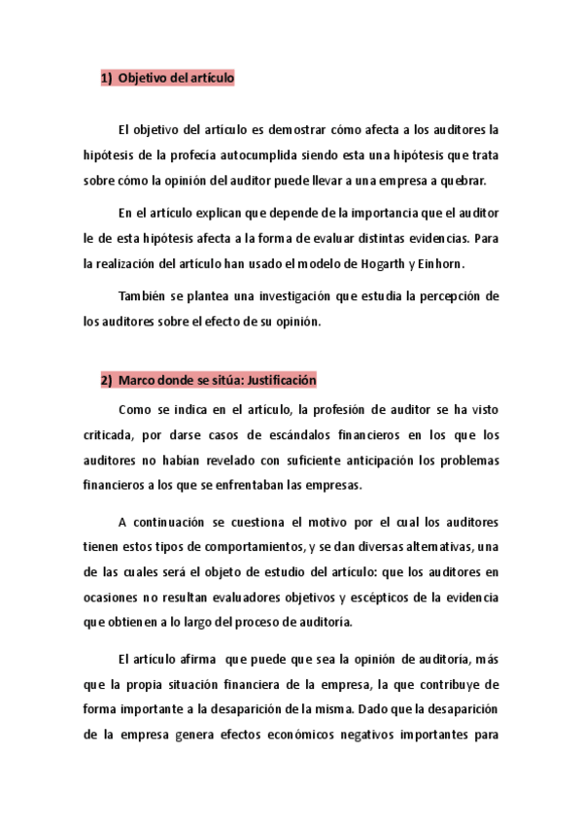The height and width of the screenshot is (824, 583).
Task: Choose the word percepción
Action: coord(447,295)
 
